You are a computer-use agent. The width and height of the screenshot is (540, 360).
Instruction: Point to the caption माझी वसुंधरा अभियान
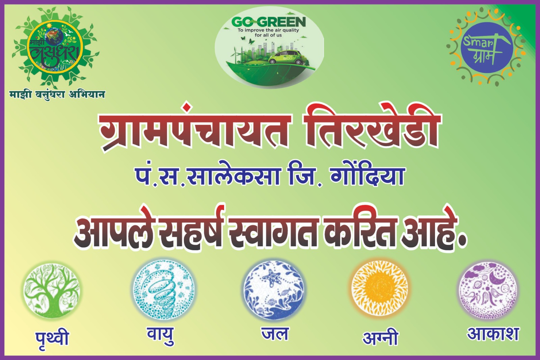click(57, 94)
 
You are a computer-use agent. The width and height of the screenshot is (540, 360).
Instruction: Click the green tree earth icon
click(52, 289)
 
